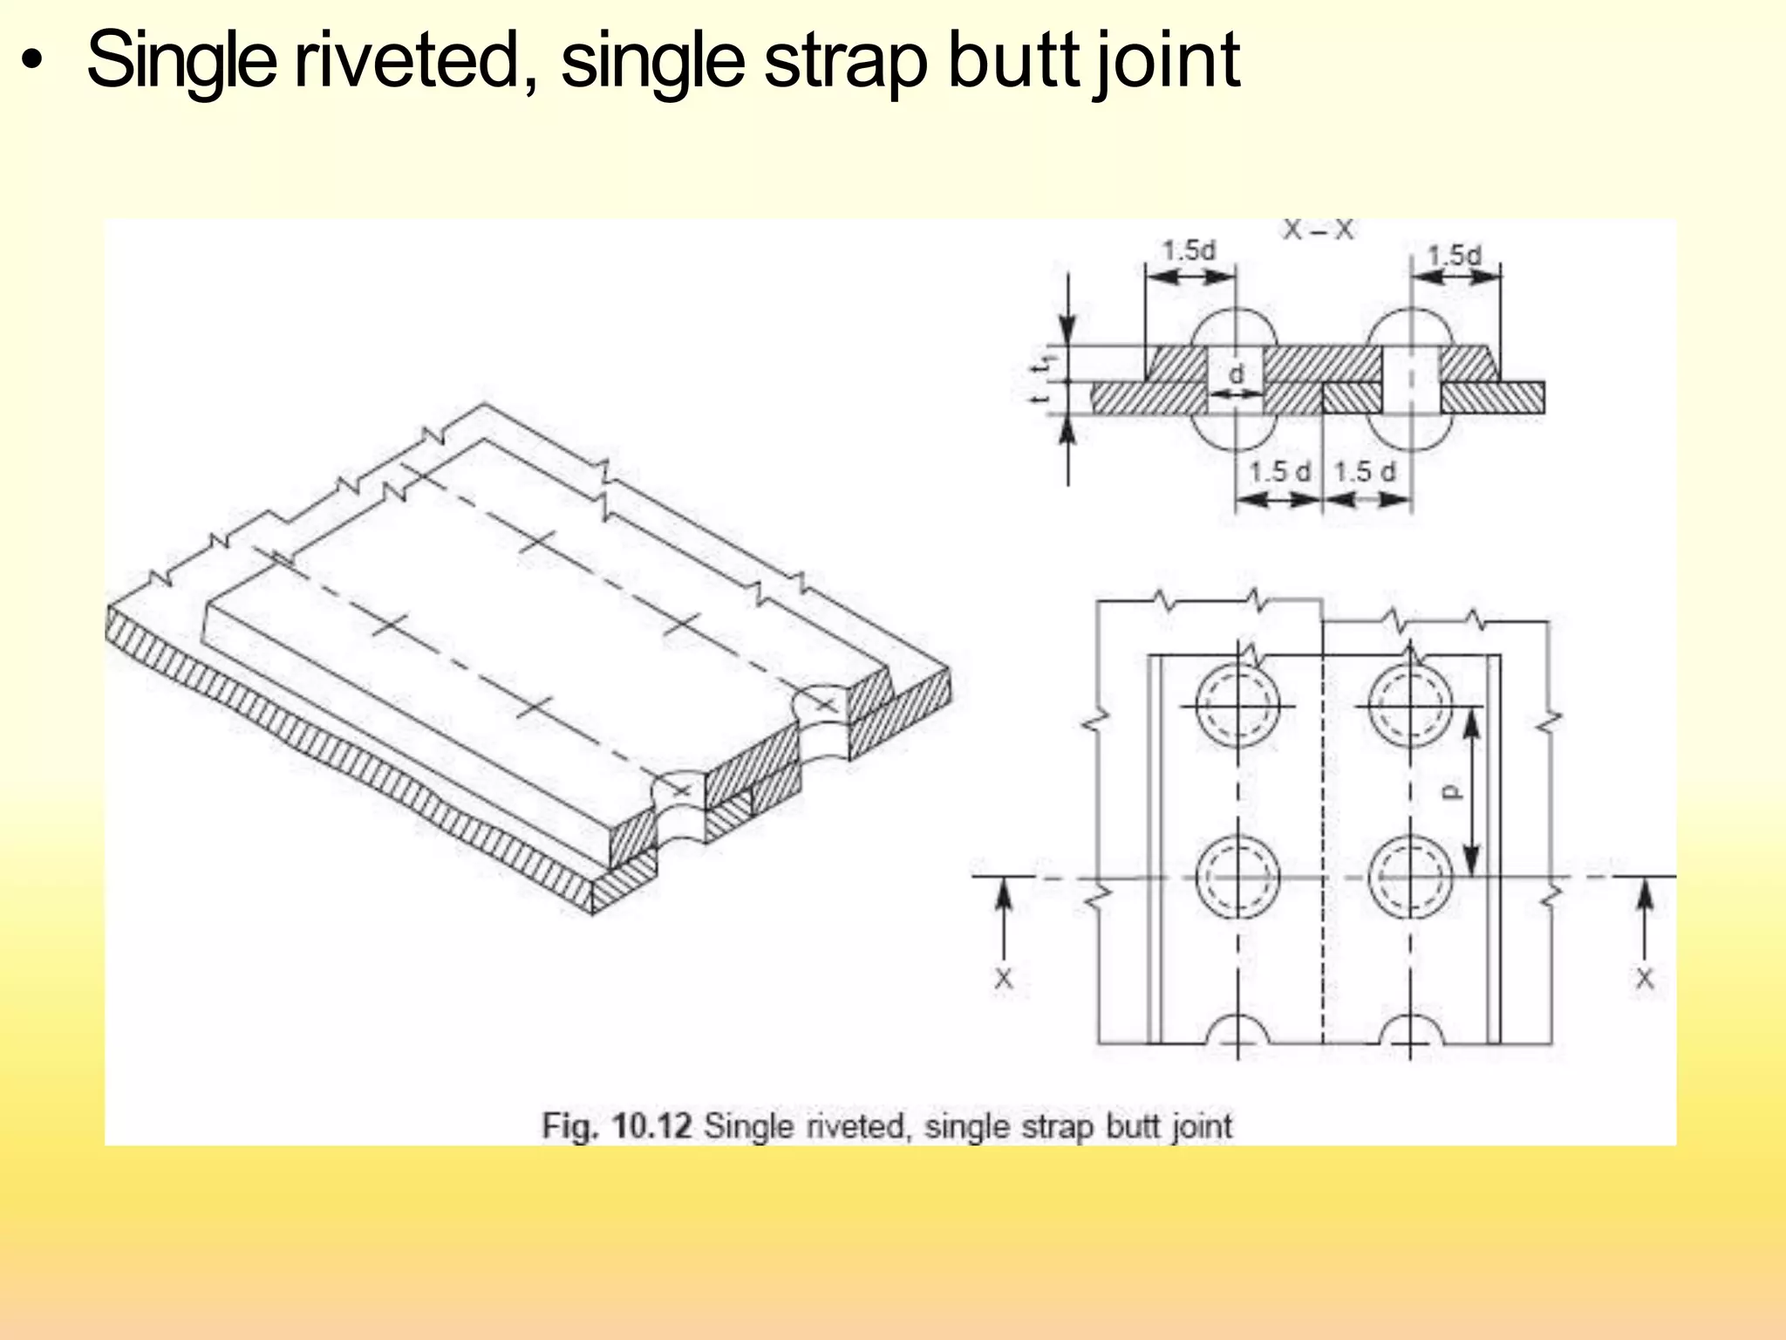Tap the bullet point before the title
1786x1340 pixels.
(32, 63)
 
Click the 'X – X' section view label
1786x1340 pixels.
(1318, 229)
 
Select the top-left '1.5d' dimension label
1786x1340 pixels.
(1189, 251)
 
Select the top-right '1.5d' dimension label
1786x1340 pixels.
(1454, 256)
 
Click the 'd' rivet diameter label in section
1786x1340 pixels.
(1236, 374)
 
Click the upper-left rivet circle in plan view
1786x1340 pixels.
(1237, 705)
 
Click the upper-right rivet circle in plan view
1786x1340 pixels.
(1409, 705)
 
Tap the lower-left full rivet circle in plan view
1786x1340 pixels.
(1237, 877)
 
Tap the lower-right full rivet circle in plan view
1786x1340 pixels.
(1409, 877)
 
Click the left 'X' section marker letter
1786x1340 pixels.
(1004, 979)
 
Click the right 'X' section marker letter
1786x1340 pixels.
(1644, 979)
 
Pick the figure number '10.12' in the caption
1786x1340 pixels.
(652, 1125)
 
